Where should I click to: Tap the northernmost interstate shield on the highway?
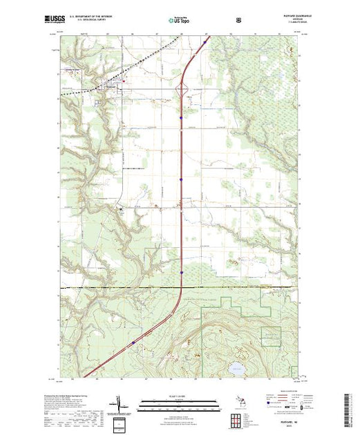tap(181, 118)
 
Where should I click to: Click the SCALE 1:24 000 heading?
tap(180, 396)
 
